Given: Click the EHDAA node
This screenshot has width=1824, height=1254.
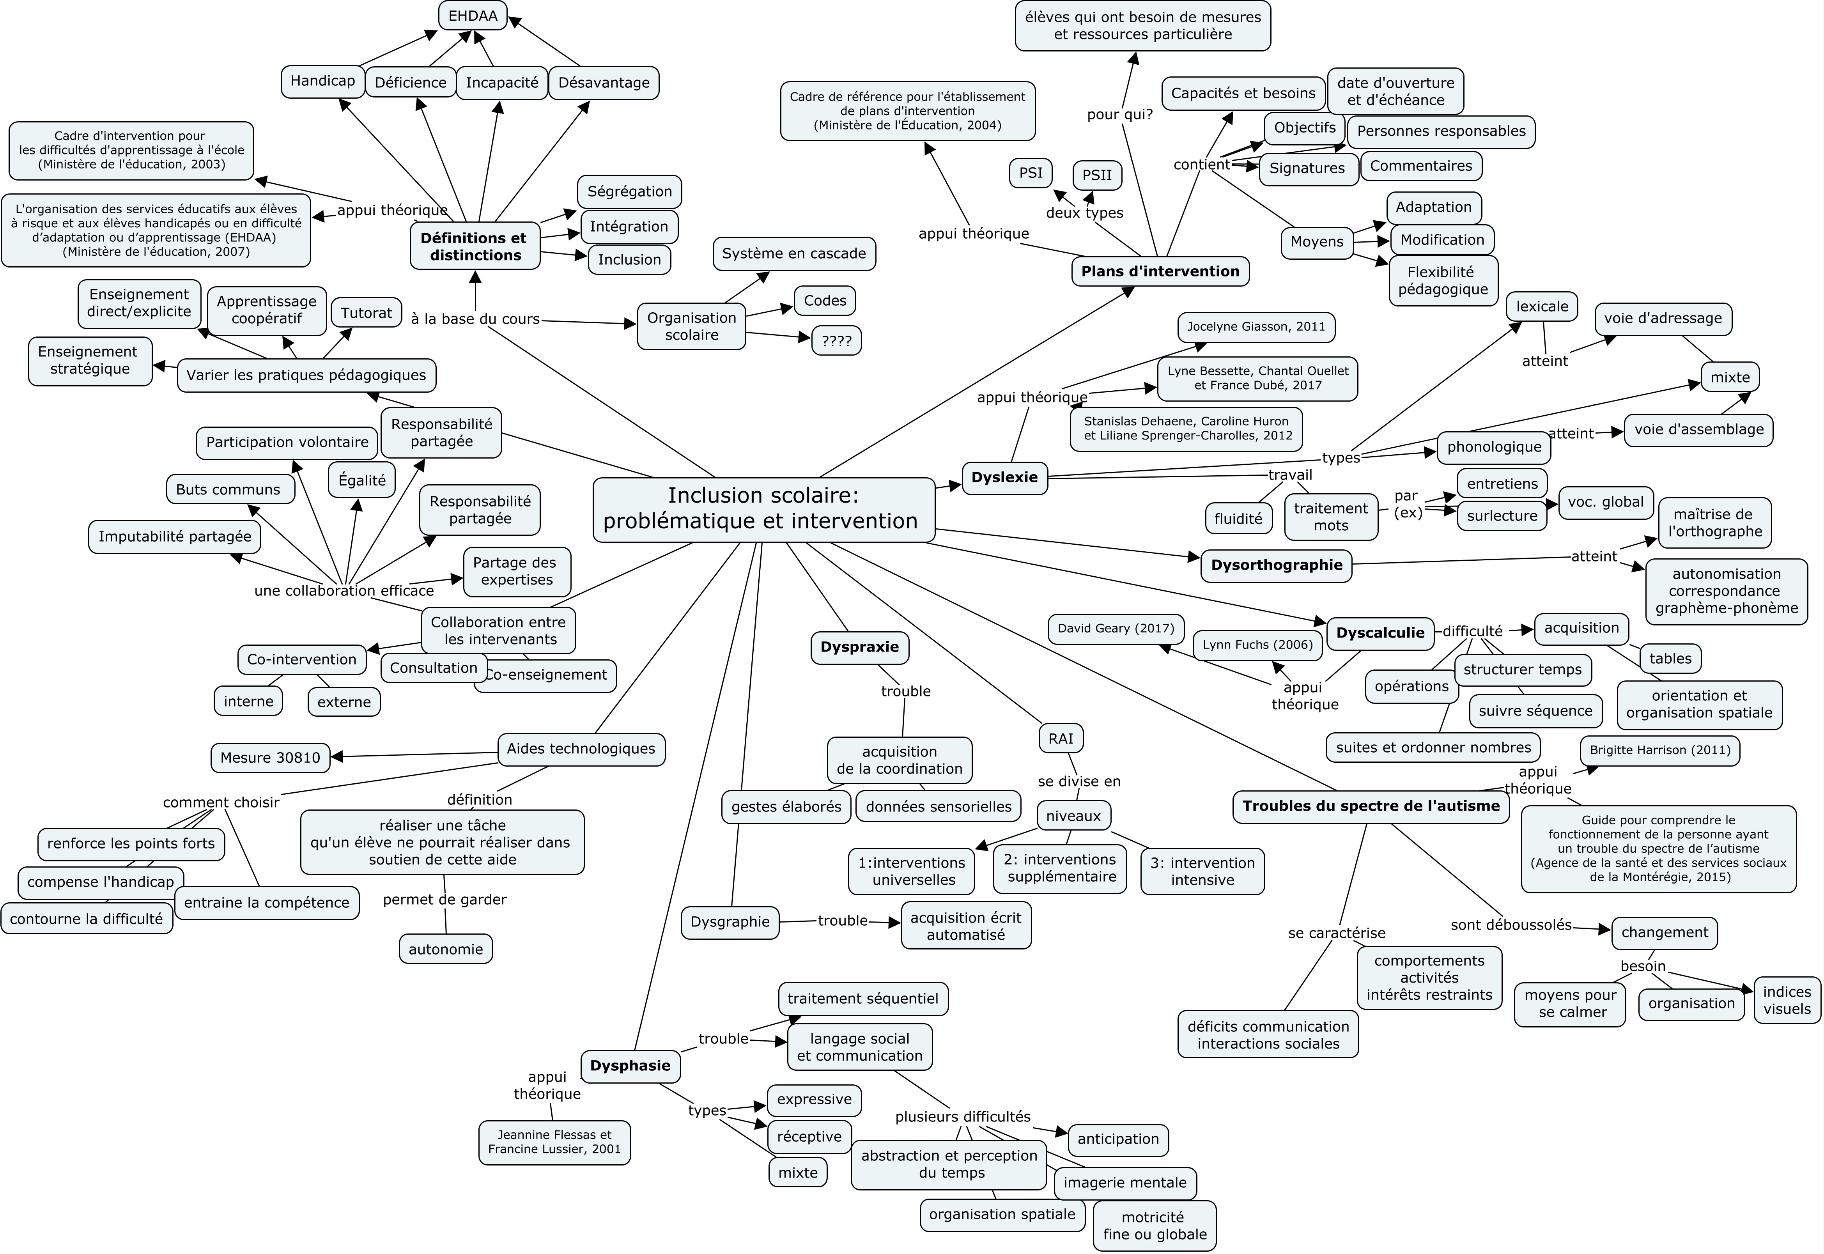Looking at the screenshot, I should click(473, 16).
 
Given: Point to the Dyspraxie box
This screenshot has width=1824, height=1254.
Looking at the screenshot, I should click(859, 647).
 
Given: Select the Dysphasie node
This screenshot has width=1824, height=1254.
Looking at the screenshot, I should click(630, 1066).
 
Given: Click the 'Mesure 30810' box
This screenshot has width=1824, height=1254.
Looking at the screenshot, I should click(270, 757).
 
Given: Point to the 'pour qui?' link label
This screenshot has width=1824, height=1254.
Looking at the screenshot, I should click(1119, 115).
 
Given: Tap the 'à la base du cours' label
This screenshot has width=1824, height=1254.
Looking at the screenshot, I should click(475, 319).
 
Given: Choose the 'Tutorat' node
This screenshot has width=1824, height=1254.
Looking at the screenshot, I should click(366, 313).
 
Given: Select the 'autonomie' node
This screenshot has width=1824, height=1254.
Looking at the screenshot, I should click(445, 949).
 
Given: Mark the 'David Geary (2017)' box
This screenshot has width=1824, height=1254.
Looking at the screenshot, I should click(1116, 629).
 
